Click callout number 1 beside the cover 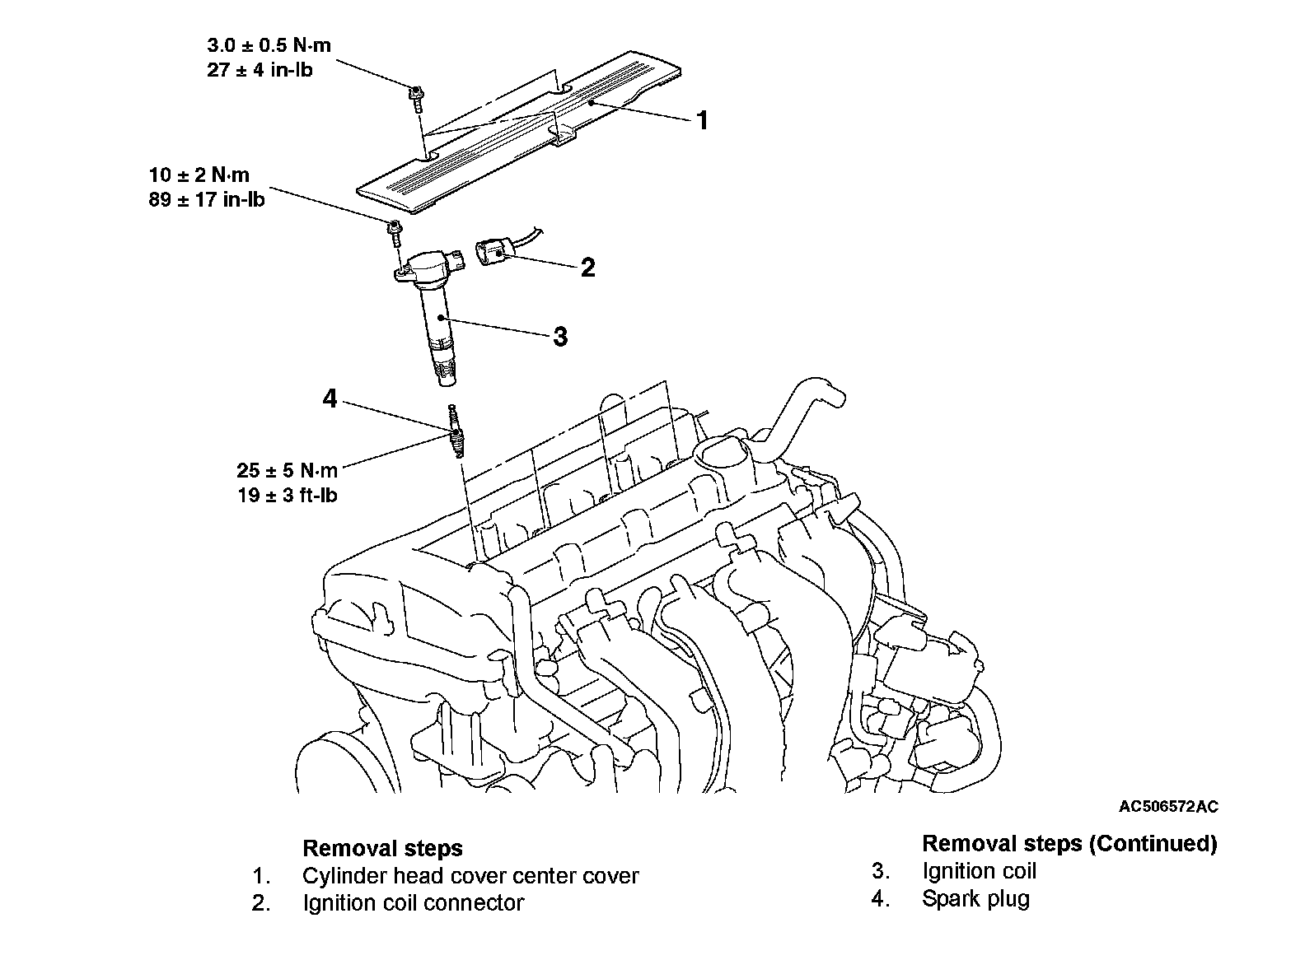point(702,121)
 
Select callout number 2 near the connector point(587,268)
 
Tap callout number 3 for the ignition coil point(560,337)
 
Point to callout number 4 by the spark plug point(330,399)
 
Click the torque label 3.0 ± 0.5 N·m point(269,46)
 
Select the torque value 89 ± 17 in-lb point(207,199)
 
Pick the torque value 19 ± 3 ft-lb point(288,496)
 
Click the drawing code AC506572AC point(1167,807)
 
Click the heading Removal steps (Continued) point(1069,843)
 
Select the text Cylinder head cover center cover point(470,876)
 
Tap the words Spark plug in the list point(975,898)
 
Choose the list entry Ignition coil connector point(413,903)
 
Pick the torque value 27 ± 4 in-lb point(260,70)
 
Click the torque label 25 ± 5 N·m point(287,471)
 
